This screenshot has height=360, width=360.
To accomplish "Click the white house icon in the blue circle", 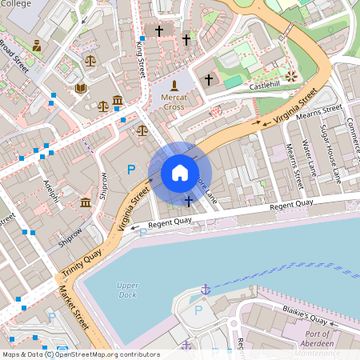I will pyautogui.click(x=180, y=172).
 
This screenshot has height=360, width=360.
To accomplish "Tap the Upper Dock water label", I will pyautogui.click(x=127, y=290).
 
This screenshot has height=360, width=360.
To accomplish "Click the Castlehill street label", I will pyautogui.click(x=266, y=85).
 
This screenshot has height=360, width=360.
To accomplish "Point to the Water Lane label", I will pyautogui.click(x=310, y=159).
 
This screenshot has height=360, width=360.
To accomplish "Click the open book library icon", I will pyautogui.click(x=80, y=88).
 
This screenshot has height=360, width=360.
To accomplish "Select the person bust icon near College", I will pyautogui.click(x=37, y=46).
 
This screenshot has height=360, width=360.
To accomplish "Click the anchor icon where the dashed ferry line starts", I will pyautogui.click(x=206, y=288).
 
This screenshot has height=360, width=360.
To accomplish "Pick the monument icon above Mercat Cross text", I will pyautogui.click(x=174, y=85).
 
